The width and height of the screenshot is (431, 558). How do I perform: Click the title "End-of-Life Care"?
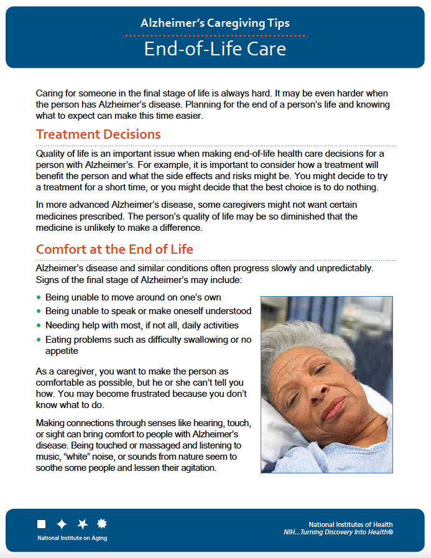pos(215,49)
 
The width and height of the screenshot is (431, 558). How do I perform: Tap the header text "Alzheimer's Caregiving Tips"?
pos(215,24)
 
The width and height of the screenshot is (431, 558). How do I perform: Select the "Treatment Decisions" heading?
pos(98,134)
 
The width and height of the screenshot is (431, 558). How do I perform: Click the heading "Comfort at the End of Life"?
pos(114,249)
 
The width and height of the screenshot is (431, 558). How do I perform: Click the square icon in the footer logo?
pos(42,524)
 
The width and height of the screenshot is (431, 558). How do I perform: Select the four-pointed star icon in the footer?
pos(62,524)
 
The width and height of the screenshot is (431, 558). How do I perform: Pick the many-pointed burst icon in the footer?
pos(102,524)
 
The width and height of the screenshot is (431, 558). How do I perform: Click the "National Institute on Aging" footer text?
pos(72,538)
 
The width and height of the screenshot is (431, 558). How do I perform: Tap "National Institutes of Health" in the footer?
pos(350,524)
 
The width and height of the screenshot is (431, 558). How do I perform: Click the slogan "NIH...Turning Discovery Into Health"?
pos(338,532)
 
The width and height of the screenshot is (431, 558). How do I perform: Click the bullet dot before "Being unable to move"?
pos(39,298)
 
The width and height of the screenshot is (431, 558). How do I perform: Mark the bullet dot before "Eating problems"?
pos(39,340)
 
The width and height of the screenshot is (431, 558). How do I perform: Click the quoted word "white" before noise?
pos(79,457)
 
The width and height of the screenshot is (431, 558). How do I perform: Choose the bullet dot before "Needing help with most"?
pos(39,326)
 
